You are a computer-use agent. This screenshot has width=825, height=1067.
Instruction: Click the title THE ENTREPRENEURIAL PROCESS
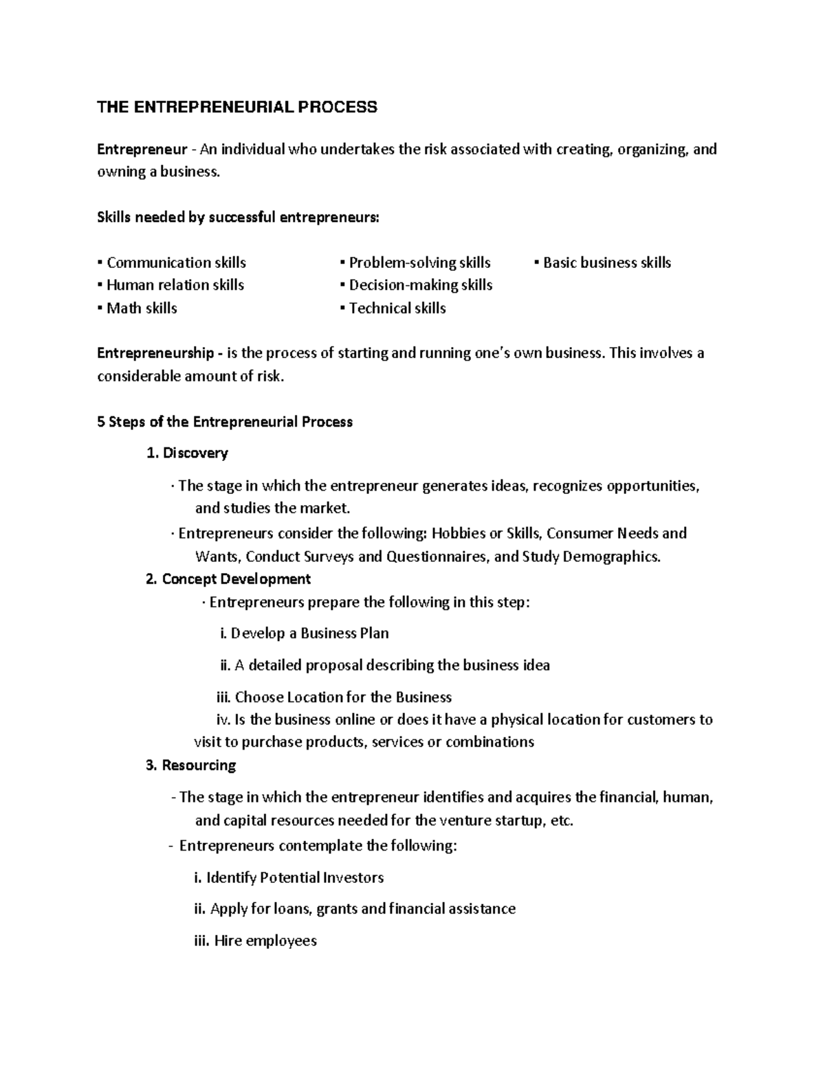237,106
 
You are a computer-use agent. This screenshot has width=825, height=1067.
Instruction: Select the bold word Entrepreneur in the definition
142,150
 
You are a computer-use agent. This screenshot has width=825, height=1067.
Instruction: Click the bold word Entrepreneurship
156,353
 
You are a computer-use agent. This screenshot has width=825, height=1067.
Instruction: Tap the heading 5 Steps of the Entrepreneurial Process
225,422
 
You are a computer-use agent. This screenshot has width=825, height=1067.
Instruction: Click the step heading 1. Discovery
188,453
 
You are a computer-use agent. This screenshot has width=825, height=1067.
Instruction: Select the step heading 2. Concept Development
229,579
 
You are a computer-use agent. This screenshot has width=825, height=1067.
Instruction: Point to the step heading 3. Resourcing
191,765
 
